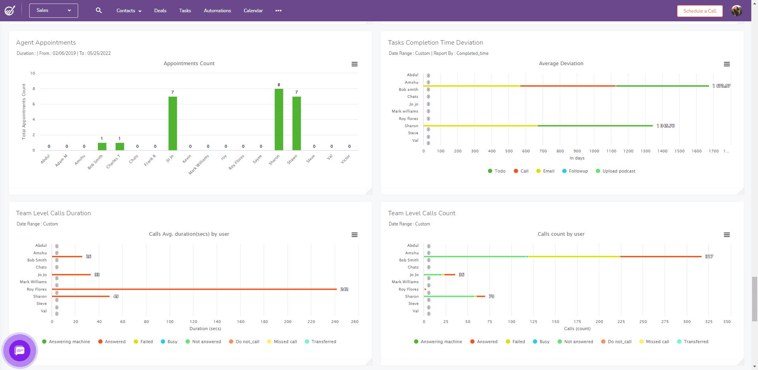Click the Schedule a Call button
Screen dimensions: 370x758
700,11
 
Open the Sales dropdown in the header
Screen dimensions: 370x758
53,11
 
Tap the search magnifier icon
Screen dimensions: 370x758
99,11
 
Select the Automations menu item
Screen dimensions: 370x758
217,11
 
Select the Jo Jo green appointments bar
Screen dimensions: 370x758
173,123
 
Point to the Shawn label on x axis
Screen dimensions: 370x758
293,160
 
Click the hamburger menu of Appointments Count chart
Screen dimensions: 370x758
355,64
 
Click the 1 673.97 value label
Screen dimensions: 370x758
721,86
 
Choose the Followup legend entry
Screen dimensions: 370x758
578,171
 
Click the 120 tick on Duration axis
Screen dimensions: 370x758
193,322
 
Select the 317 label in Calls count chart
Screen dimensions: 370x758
709,257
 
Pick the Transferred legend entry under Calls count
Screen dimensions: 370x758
696,342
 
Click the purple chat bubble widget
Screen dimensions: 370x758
20,350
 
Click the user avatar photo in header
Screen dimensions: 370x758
736,11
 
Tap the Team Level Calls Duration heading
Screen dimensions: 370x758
53,213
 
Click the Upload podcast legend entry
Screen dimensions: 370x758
619,171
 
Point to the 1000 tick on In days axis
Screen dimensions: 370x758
594,151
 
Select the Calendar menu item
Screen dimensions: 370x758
253,11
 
